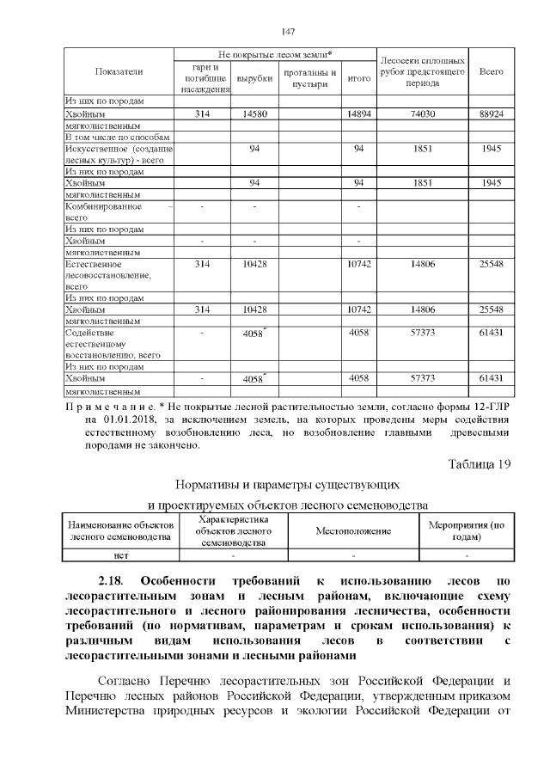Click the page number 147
(x=288, y=32)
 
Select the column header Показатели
(x=119, y=71)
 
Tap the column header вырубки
(x=254, y=78)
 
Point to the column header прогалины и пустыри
(x=309, y=78)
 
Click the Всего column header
(x=492, y=71)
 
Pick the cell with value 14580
(x=254, y=113)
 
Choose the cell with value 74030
(x=422, y=113)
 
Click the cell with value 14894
(x=358, y=113)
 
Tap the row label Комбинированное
(x=103, y=207)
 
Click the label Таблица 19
(x=480, y=464)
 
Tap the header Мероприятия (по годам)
(x=467, y=531)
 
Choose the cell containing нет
(x=121, y=556)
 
